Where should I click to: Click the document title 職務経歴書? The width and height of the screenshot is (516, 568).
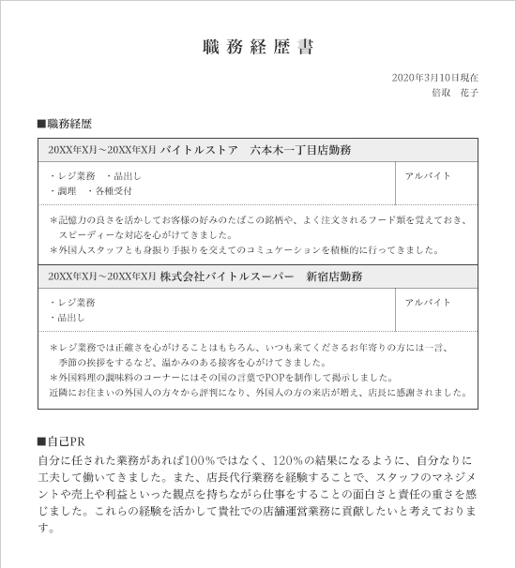258,47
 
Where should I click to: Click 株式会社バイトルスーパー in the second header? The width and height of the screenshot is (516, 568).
220,277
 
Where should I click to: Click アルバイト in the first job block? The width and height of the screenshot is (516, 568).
428,175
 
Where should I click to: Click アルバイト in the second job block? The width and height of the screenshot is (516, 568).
428,303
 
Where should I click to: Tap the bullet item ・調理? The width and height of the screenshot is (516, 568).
62,191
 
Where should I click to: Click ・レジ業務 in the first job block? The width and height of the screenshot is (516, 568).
72,175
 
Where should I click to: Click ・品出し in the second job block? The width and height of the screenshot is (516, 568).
65,319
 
